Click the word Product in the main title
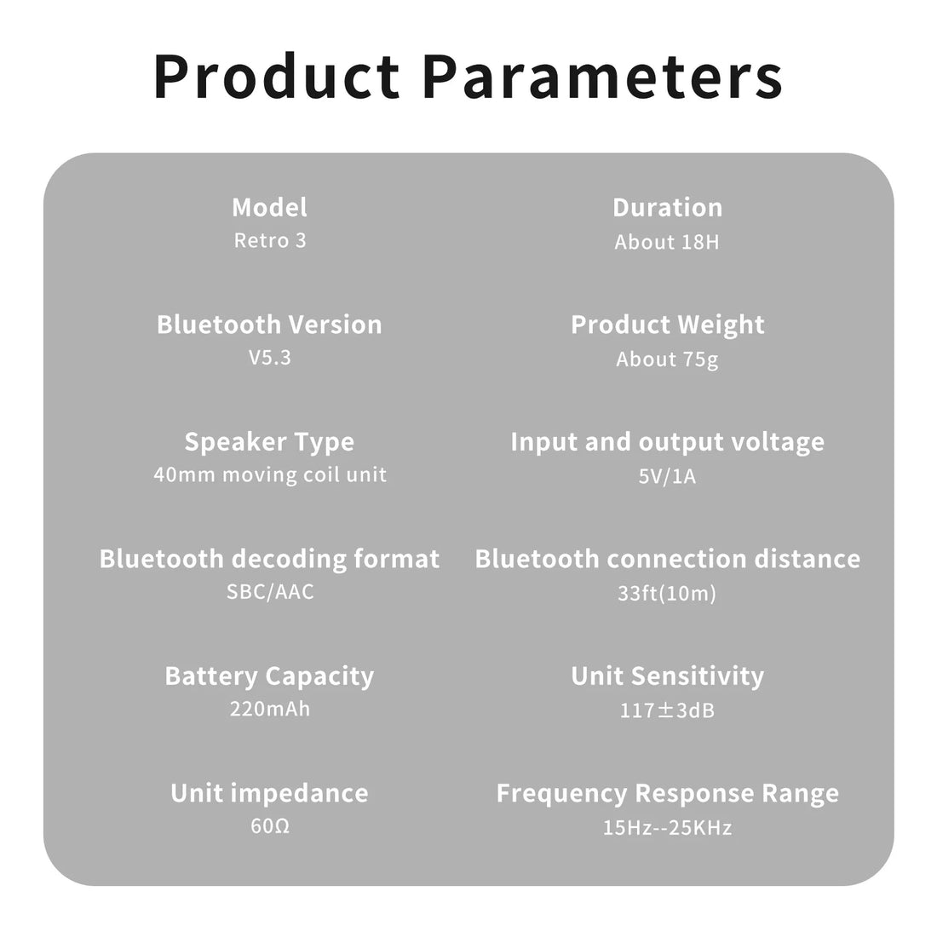click(277, 76)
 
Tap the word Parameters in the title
click(603, 76)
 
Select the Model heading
click(269, 207)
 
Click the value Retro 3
click(270, 240)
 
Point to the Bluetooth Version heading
click(269, 325)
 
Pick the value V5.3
click(270, 358)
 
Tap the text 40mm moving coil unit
click(270, 474)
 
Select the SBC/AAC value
click(270, 592)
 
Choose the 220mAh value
click(270, 709)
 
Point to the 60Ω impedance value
click(270, 826)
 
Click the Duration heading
click(668, 207)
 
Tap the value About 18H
click(667, 242)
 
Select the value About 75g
click(667, 359)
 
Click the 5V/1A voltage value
click(667, 476)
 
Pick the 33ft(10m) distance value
click(667, 594)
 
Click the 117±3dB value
click(667, 710)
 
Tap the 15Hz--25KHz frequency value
click(667, 828)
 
